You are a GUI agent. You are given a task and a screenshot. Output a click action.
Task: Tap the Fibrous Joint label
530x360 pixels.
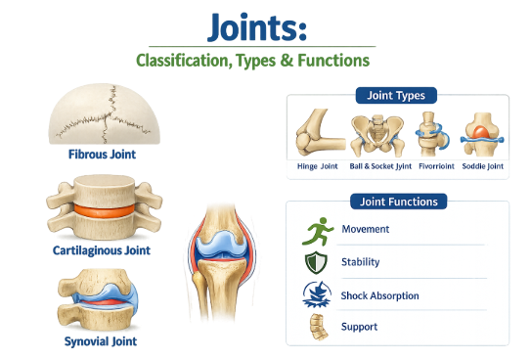(102, 155)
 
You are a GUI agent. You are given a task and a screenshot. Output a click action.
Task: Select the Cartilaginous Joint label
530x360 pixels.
(102, 250)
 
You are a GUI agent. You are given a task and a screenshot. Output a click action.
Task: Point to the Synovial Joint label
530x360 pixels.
(101, 341)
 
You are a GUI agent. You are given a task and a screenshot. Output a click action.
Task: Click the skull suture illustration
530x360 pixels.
(104, 113)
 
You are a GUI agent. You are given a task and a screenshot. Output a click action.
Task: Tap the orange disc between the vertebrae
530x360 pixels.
(104, 211)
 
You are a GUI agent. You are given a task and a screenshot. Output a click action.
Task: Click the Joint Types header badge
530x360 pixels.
(396, 96)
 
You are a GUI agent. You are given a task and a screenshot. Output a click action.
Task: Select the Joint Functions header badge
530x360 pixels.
(399, 202)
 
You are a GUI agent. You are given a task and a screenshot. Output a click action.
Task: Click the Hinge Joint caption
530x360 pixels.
(318, 166)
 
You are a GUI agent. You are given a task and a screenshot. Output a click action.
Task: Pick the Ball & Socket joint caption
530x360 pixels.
(380, 166)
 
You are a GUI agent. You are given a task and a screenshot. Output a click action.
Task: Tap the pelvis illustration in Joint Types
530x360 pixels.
(377, 136)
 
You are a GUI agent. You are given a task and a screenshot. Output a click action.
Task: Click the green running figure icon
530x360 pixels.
(318, 232)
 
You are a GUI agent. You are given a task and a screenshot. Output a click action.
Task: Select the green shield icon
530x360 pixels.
(316, 262)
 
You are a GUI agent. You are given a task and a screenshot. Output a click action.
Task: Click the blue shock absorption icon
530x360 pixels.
(317, 294)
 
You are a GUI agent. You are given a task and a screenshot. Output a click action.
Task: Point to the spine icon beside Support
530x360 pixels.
(319, 327)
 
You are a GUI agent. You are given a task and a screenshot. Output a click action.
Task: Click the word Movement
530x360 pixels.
(366, 229)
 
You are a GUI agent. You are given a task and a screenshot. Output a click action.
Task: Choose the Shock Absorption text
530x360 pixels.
(380, 296)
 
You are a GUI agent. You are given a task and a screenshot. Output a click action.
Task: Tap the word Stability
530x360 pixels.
(360, 262)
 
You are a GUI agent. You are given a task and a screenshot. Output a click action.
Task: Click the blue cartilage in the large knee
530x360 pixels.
(221, 246)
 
